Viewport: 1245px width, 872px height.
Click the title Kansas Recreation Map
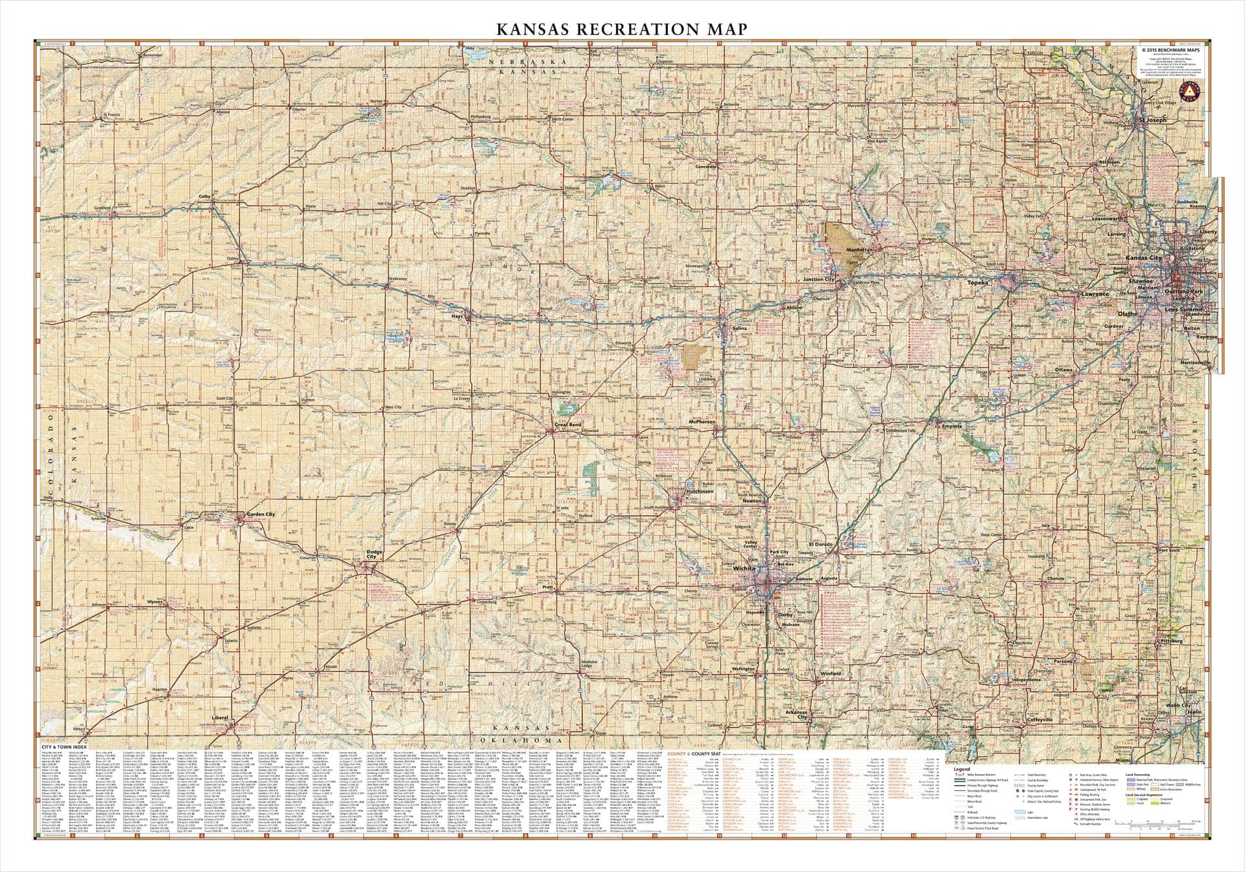[x=621, y=29]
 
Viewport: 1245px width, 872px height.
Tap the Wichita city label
[x=745, y=568]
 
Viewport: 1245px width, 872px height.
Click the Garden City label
[x=261, y=514]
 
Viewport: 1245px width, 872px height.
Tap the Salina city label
[x=739, y=328]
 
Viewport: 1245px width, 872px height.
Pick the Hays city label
[x=456, y=317]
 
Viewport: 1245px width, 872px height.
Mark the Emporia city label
[x=952, y=426]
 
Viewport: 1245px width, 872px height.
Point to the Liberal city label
[x=220, y=718]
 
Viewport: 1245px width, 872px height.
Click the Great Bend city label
[x=567, y=425]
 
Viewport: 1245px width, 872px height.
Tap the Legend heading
[x=962, y=768]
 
